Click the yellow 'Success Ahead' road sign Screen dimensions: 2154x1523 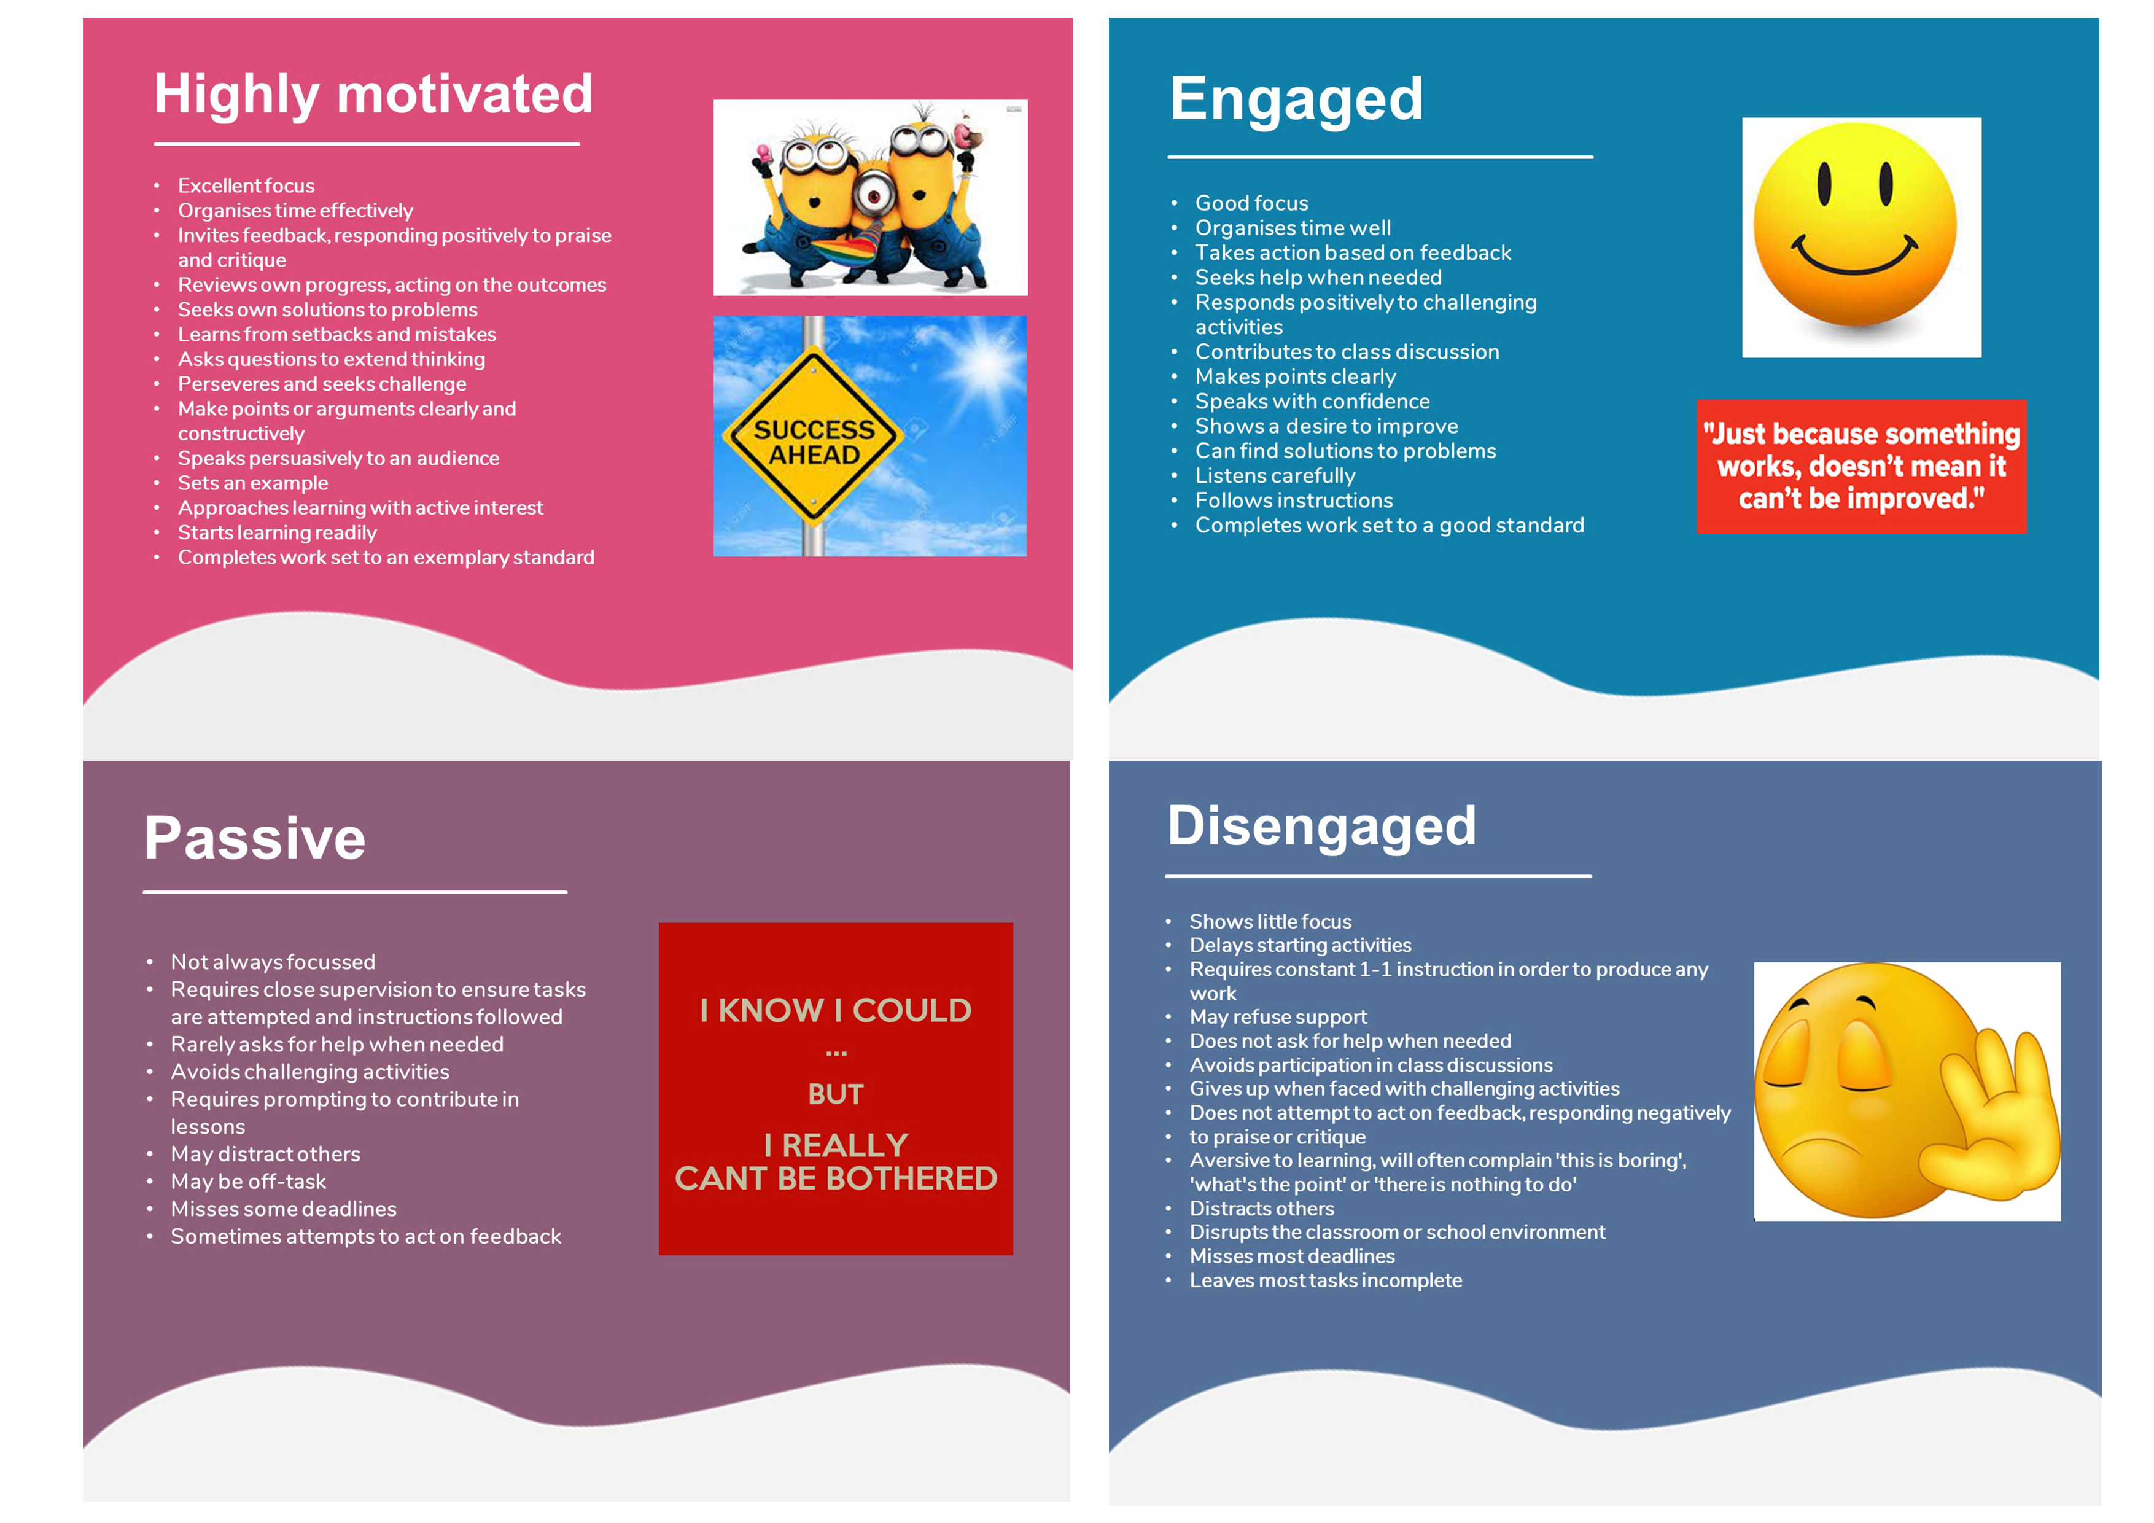point(814,437)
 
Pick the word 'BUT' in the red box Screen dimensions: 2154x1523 point(836,1094)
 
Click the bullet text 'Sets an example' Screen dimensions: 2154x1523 point(254,483)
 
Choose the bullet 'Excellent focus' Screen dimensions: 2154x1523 point(247,186)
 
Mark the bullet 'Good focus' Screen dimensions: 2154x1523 point(1251,203)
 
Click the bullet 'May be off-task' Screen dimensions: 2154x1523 point(249,1182)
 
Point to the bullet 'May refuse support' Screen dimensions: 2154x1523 point(1278,1017)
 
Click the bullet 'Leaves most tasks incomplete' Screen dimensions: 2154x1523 point(1326,1281)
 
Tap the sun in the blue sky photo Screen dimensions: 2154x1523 point(985,361)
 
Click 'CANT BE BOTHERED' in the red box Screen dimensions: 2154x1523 point(836,1178)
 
